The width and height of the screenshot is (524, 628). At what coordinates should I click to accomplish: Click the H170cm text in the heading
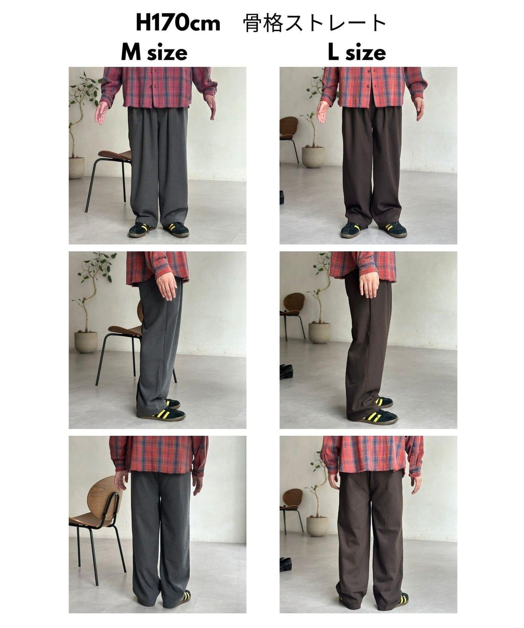[178, 23]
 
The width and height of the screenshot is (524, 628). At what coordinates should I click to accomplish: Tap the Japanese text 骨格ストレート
[314, 24]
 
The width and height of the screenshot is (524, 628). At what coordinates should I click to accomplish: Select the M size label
[154, 53]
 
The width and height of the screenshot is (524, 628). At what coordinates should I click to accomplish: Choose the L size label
[357, 53]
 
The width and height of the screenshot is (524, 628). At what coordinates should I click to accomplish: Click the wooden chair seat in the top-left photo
[114, 156]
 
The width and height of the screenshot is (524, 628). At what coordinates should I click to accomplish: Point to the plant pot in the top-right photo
[313, 157]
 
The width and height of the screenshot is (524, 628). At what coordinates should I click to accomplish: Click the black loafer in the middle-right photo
[286, 372]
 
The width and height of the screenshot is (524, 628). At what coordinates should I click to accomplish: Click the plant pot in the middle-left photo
[86, 342]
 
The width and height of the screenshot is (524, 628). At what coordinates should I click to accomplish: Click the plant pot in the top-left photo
[77, 168]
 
